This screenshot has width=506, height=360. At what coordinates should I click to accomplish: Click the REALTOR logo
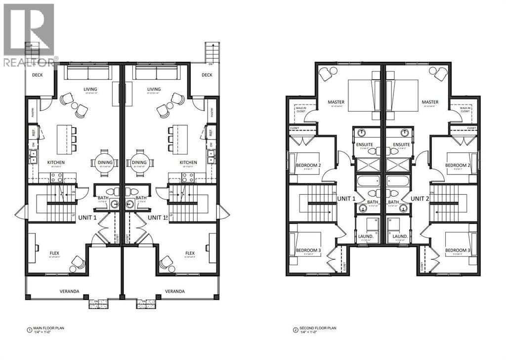29,35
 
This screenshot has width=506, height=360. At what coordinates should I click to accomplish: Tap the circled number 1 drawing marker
29,329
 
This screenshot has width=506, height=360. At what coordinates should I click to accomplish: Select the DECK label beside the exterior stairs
207,75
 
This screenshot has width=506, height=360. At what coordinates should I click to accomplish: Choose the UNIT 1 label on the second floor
346,198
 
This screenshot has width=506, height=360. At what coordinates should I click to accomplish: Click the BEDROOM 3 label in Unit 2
458,250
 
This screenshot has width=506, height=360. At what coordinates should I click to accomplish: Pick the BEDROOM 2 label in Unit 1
309,165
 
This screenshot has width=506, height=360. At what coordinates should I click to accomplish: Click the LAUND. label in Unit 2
400,237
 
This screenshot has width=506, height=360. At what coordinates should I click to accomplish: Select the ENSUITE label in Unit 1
367,145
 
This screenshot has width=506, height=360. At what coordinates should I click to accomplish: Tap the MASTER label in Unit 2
430,102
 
